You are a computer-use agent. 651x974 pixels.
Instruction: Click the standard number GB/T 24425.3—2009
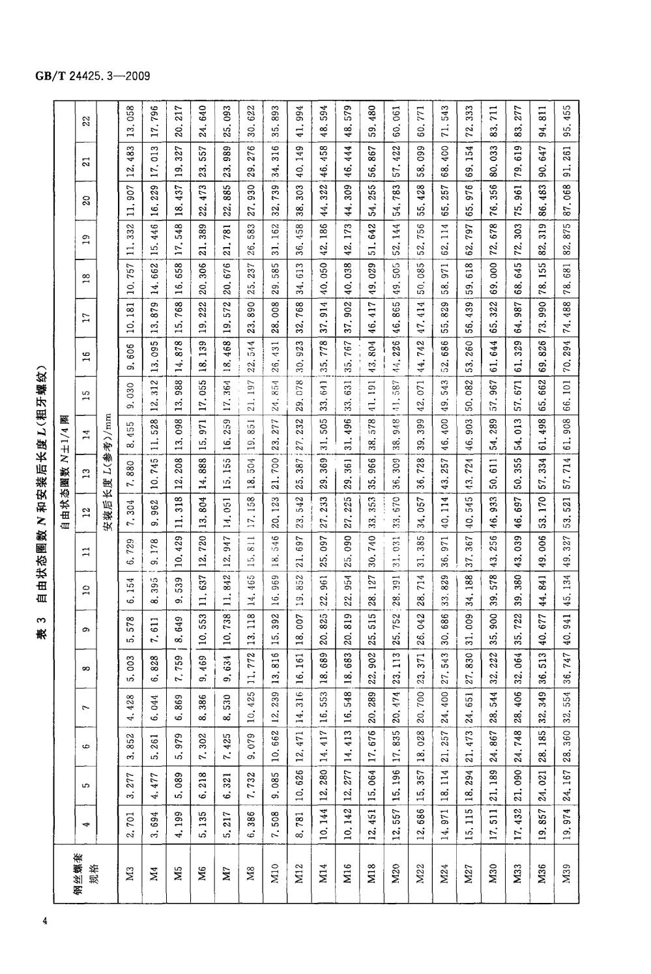91,76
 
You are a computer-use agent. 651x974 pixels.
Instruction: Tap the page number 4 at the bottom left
44,921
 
